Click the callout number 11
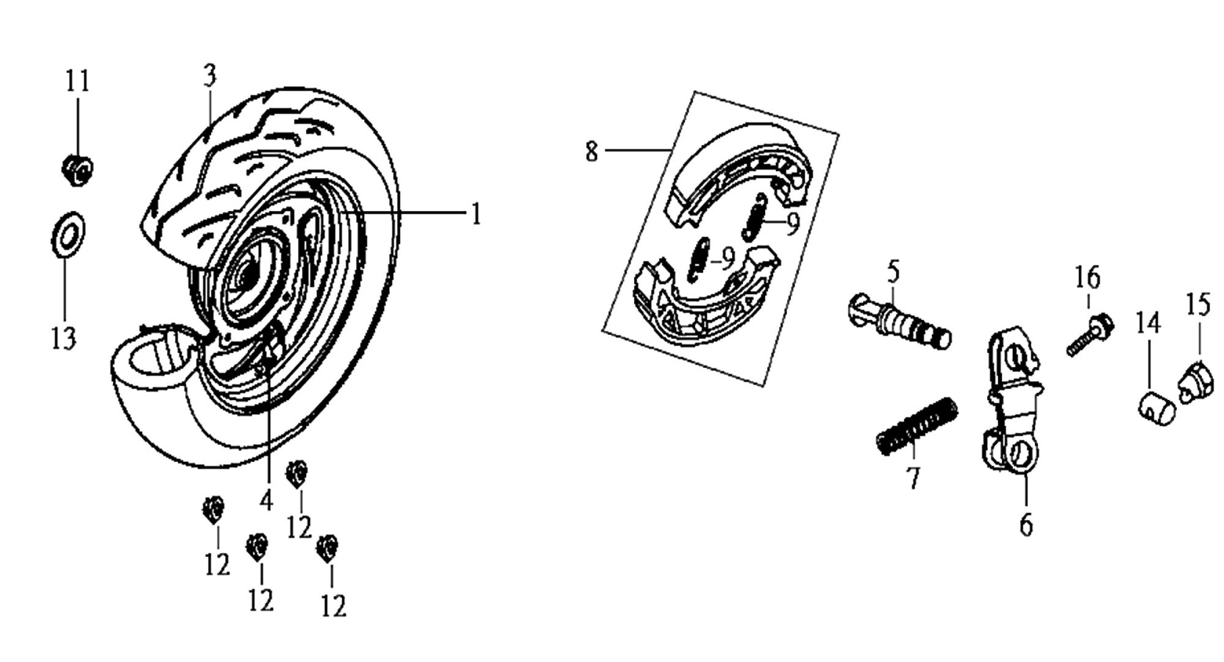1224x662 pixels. point(77,82)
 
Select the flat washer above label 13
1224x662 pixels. point(68,235)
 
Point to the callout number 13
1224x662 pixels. point(64,338)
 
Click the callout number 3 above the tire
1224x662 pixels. point(210,75)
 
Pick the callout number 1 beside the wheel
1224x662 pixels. point(477,214)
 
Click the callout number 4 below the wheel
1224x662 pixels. point(266,501)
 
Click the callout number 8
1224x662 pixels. point(592,152)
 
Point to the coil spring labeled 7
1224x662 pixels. point(917,426)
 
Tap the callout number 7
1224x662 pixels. point(913,478)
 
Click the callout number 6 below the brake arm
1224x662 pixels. point(1026,525)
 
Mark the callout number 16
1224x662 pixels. point(1087,278)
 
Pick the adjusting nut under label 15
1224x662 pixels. point(1198,382)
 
